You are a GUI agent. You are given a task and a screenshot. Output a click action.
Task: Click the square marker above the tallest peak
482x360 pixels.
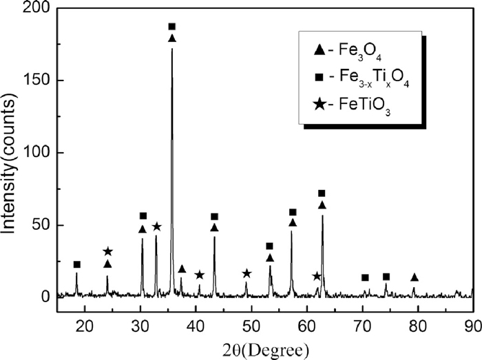coord(172,26)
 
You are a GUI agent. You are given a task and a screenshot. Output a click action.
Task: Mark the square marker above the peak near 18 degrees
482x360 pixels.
coord(77,264)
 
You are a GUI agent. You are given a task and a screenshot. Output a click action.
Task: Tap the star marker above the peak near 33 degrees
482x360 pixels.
coord(156,226)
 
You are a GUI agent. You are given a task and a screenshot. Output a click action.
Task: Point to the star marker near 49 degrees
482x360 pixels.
coord(247,273)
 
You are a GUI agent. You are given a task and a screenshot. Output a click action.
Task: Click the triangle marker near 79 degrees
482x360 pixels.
coord(414,277)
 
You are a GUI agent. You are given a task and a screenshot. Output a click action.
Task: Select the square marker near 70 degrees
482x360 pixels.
coord(365,277)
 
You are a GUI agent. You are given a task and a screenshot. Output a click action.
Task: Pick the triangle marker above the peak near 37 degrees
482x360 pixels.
coord(182,269)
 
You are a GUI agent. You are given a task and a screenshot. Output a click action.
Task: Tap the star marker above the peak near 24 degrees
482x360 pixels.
coord(107,252)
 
